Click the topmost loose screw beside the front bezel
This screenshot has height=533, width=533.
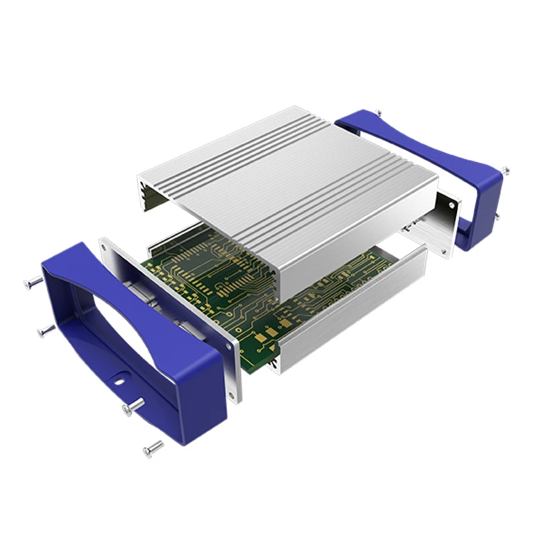(x=32, y=283)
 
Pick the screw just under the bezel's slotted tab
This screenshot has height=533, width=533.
(x=133, y=407)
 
